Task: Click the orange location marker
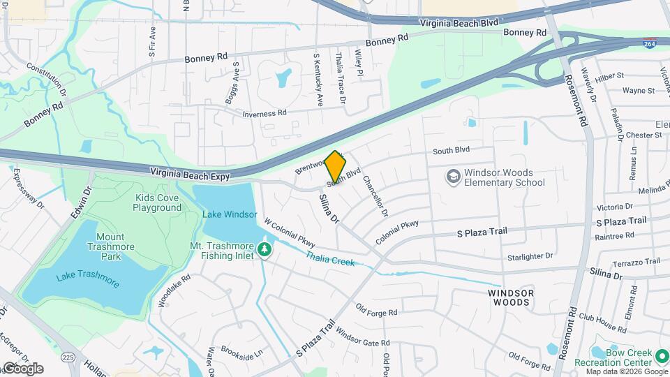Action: coord(336,166)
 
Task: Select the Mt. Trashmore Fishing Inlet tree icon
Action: coord(264,249)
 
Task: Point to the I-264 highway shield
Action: coord(650,43)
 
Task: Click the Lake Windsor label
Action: coord(230,214)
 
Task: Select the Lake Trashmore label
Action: coord(88,279)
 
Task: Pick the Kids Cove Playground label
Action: coord(158,202)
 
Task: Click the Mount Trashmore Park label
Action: coord(111,246)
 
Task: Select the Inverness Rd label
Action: coord(265,113)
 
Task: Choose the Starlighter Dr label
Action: coord(530,257)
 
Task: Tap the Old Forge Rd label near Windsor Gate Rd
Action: coord(376,308)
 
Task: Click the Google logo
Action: coord(23,369)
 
